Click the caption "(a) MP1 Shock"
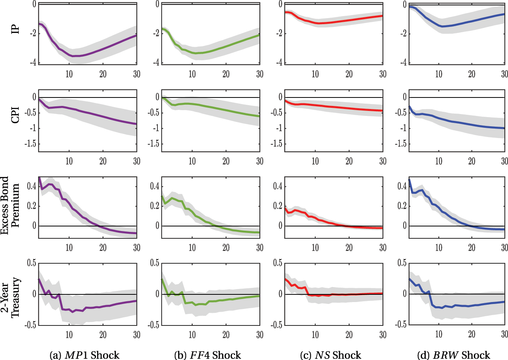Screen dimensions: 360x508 point(84,355)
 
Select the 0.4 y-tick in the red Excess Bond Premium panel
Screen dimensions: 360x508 point(278,187)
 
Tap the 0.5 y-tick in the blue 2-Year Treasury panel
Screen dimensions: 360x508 point(402,263)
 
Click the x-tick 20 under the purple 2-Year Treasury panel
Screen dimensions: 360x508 point(103,335)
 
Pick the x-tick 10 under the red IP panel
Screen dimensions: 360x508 point(315,74)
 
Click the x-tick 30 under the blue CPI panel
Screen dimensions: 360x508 point(504,161)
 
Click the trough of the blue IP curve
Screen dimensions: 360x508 point(442,26)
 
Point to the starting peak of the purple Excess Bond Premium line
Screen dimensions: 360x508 point(39,178)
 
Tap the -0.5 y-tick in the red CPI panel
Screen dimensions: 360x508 point(276,113)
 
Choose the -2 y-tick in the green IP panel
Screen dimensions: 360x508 point(156,33)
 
